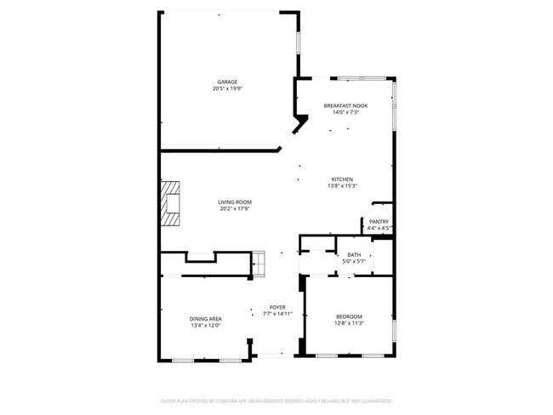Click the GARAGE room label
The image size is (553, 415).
[225, 82]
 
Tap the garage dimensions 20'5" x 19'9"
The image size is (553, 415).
[225, 88]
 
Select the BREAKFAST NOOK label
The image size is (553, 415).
[345, 105]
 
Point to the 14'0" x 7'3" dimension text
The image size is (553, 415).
[345, 112]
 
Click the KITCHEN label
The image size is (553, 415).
[342, 179]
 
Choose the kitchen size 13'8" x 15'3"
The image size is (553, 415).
[342, 186]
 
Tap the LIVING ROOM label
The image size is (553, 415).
[236, 202]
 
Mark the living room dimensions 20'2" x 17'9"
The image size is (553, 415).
[236, 208]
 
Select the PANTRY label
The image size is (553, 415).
[379, 221]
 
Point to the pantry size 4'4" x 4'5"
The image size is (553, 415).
[379, 228]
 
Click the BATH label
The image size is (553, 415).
[354, 254]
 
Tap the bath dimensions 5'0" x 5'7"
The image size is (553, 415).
[354, 261]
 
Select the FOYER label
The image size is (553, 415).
[277, 307]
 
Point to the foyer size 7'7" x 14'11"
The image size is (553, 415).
[277, 314]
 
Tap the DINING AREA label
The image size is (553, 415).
[206, 318]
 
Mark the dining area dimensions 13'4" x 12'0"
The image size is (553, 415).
[206, 325]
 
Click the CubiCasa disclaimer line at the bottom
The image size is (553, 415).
[276, 400]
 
